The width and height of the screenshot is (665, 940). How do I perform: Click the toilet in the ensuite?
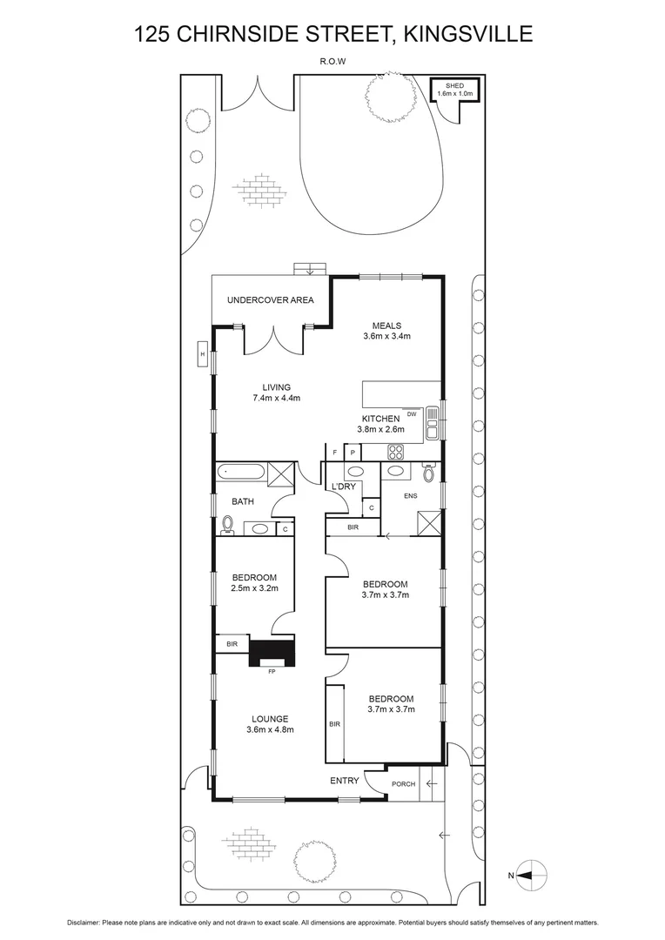pyautogui.click(x=428, y=473)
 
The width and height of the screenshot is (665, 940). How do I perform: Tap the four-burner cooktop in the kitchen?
pyautogui.click(x=396, y=452)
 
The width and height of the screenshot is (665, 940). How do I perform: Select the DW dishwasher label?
pyautogui.click(x=412, y=414)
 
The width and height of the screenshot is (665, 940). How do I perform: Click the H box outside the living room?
pyautogui.click(x=202, y=355)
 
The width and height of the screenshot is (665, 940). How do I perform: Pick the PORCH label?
pyautogui.click(x=403, y=784)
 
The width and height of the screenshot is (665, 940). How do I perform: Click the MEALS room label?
pyautogui.click(x=386, y=326)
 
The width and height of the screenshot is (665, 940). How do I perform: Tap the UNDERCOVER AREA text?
pyautogui.click(x=270, y=300)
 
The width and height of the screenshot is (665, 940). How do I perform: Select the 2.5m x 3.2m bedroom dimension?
pyautogui.click(x=254, y=589)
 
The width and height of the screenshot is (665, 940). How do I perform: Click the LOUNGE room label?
pyautogui.click(x=270, y=718)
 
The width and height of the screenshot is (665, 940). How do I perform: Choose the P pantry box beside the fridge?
pyautogui.click(x=353, y=453)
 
